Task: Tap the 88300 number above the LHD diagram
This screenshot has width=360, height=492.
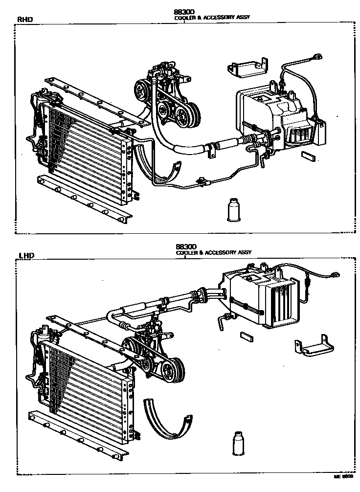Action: click(185, 247)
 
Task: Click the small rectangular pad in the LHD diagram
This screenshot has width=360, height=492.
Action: click(246, 336)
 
